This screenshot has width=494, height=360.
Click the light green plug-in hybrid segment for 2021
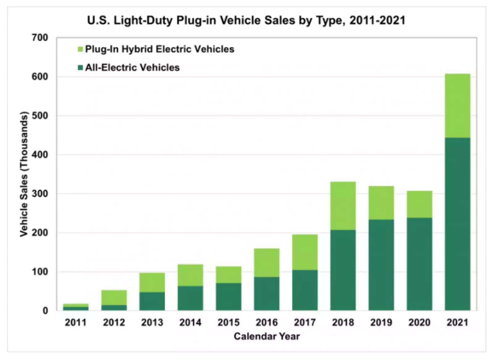[x=457, y=106]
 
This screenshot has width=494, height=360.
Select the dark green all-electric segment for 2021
[x=457, y=224]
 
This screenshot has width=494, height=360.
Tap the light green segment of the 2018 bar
[x=343, y=206]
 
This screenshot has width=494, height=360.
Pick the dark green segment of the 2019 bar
[x=381, y=265]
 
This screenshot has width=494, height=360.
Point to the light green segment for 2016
[x=266, y=263]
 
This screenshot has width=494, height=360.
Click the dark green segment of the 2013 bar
[x=152, y=301]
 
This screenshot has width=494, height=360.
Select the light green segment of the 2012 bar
[x=114, y=297]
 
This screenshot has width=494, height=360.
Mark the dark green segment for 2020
[x=419, y=264]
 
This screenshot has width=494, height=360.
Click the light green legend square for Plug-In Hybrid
[x=80, y=49]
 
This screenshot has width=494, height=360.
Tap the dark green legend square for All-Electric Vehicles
[x=80, y=68]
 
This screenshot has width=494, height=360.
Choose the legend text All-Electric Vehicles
[x=132, y=68]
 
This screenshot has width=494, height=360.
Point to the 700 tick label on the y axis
[x=40, y=38]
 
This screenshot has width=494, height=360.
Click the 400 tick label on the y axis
[x=40, y=155]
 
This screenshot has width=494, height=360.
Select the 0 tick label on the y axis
[x=45, y=311]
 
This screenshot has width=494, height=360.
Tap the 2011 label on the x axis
[x=76, y=322]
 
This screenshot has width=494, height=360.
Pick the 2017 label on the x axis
[x=305, y=322]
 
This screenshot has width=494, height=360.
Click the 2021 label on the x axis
[x=457, y=322]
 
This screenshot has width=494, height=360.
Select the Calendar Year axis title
[x=266, y=336]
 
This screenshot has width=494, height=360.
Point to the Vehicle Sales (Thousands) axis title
[x=24, y=174]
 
